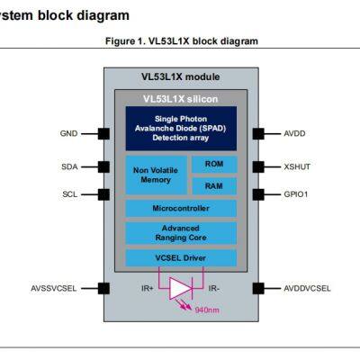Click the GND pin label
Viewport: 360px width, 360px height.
coord(68,133)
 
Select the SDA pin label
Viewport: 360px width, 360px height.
coord(68,166)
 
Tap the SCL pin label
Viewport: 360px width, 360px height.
coord(68,193)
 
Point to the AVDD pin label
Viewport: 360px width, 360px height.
coord(294,133)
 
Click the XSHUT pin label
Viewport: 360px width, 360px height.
coord(296,166)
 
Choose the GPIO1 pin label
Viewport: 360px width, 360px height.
coord(296,193)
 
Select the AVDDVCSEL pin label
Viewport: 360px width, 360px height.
coord(307,288)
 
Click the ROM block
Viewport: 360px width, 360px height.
coord(214,165)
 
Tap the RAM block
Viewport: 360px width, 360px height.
coord(214,185)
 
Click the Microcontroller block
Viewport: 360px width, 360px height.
coord(181,209)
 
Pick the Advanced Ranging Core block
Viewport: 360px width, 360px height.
coord(181,234)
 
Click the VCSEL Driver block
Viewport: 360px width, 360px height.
coord(181,258)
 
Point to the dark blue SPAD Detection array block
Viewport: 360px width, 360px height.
coord(181,129)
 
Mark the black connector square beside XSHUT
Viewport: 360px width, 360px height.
coord(257,166)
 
